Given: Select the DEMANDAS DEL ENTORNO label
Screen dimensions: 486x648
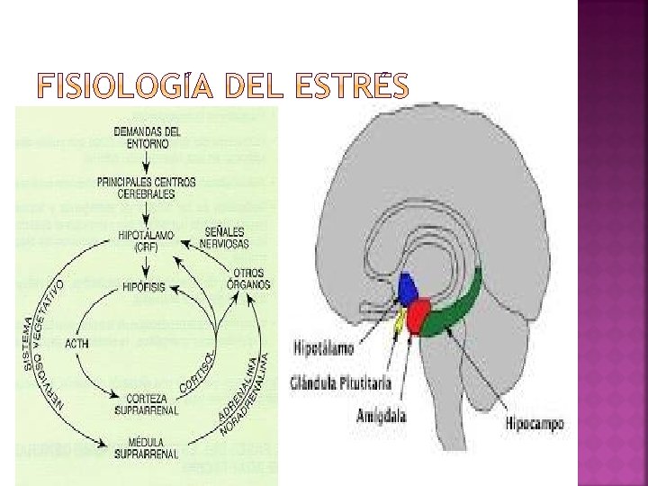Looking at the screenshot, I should click(x=148, y=137).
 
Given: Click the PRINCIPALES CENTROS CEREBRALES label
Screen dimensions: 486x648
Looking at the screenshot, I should click(x=148, y=187).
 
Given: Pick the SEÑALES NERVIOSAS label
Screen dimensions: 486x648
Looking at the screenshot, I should click(x=226, y=236).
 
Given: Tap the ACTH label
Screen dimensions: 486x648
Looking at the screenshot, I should click(x=77, y=343).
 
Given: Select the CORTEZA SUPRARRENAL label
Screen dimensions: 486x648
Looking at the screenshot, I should click(x=148, y=403).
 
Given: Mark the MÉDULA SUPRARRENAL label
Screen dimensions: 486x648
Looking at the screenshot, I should click(x=148, y=448).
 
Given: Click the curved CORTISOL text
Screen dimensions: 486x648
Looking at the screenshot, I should click(x=197, y=369).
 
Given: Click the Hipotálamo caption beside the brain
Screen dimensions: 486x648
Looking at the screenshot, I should click(x=323, y=346).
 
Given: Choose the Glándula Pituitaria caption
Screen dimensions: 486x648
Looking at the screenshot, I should click(x=341, y=382).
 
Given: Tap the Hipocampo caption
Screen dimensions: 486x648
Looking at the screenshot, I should click(x=535, y=423).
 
